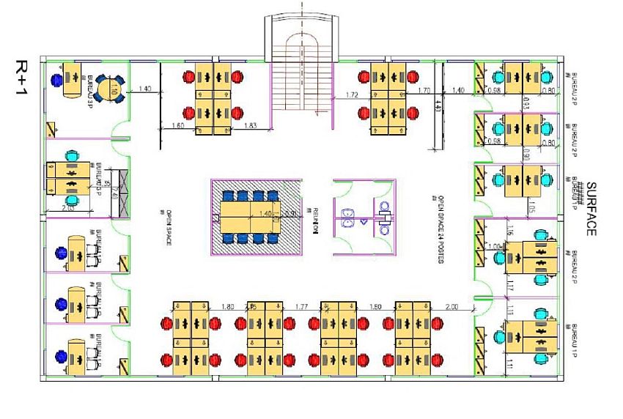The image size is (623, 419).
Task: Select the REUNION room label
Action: click(x=316, y=219)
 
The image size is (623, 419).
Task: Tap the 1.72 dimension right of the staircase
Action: click(x=352, y=95)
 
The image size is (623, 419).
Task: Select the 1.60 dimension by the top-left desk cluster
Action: click(x=177, y=126)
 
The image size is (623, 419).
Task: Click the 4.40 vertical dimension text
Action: click(x=438, y=104)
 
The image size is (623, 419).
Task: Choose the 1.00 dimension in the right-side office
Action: click(x=494, y=247)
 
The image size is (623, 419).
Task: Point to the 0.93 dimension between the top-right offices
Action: click(x=527, y=108)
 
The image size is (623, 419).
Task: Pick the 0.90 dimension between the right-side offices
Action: click(x=526, y=155)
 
